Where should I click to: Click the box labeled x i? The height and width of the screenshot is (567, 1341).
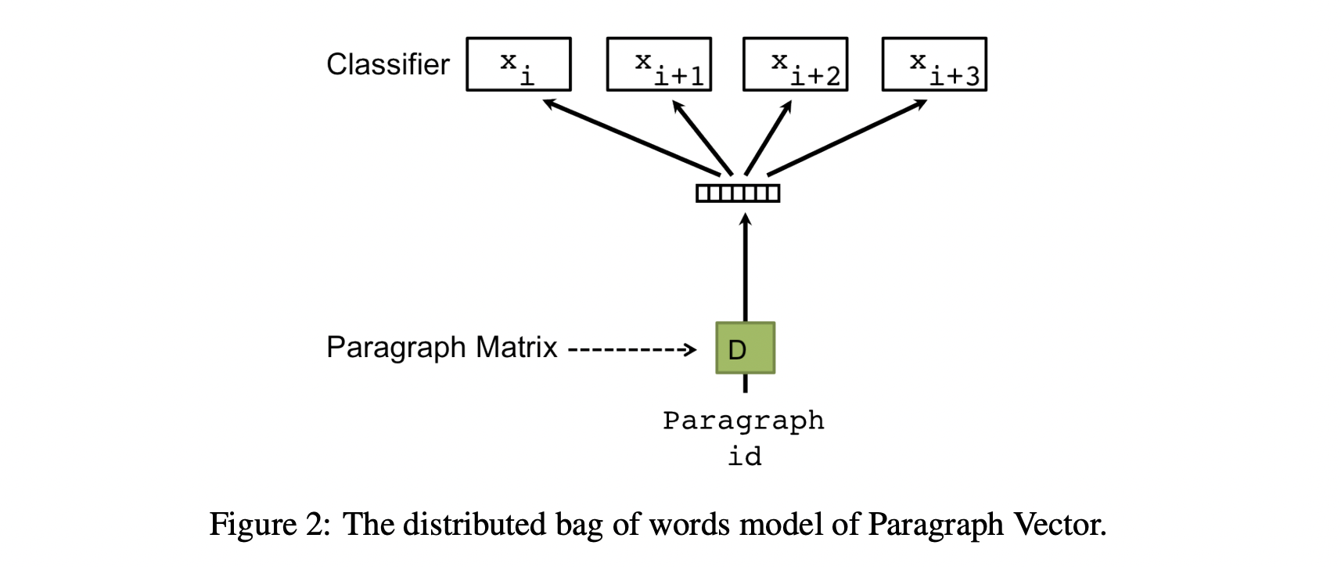[x=518, y=64]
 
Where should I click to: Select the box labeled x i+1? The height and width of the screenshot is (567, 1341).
[x=659, y=64]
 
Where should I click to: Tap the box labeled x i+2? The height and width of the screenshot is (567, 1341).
[x=795, y=64]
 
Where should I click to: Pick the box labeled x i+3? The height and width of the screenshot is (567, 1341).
[x=934, y=64]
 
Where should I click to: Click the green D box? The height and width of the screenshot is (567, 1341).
[x=745, y=348]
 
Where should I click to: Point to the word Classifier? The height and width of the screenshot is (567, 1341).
[x=387, y=64]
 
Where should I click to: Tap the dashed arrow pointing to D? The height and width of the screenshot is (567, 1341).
[x=631, y=349]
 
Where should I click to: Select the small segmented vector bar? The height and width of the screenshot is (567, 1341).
[x=738, y=193]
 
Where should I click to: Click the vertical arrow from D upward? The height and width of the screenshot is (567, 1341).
[x=745, y=266]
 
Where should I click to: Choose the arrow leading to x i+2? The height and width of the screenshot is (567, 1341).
[x=768, y=138]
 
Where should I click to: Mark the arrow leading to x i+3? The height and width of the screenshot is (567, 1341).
[x=847, y=138]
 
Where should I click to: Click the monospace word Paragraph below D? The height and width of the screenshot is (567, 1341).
[x=743, y=421]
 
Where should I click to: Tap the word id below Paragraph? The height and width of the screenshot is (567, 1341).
[x=744, y=456]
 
